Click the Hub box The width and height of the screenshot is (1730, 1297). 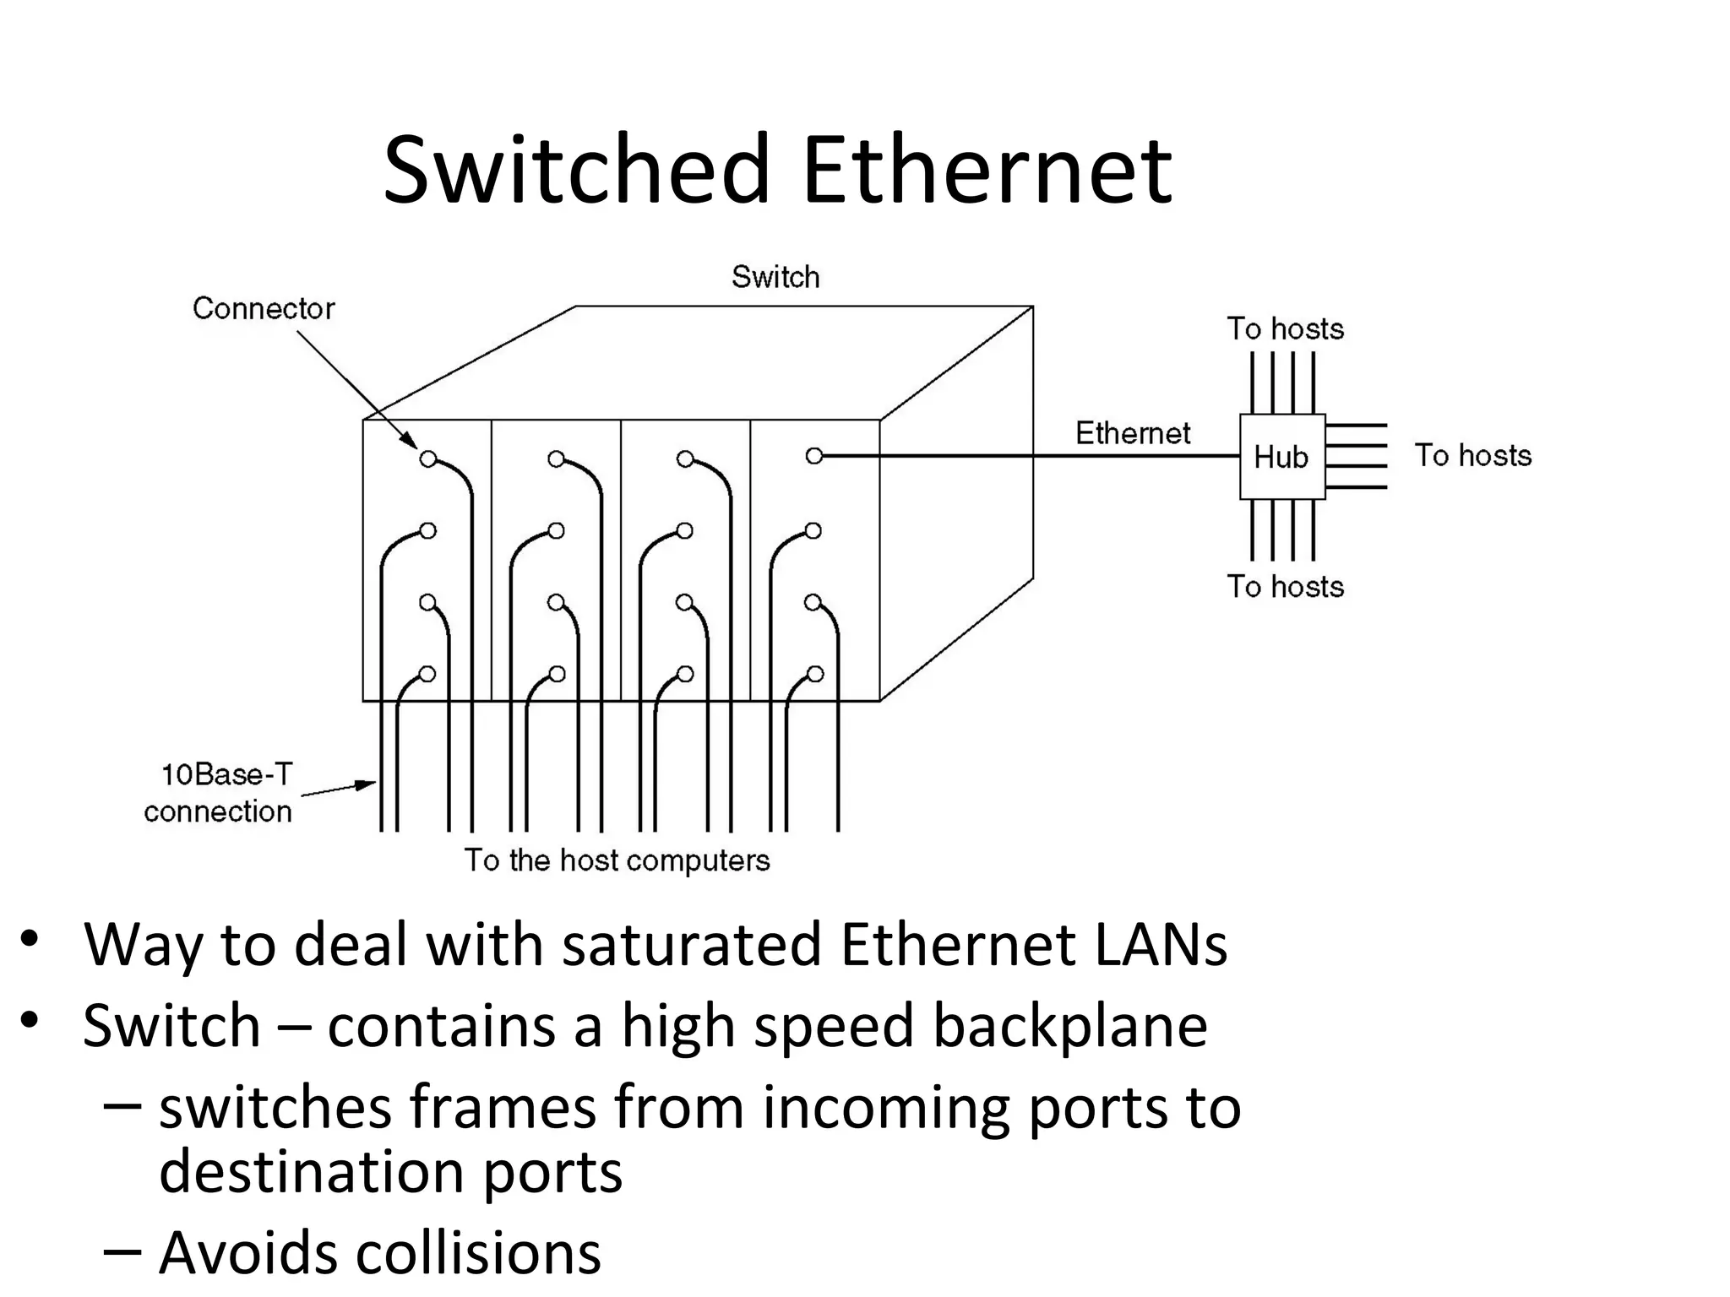[1281, 457]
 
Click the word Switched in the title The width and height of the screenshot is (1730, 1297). [577, 171]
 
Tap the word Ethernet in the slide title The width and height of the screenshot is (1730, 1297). [987, 171]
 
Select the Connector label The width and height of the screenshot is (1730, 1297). [264, 308]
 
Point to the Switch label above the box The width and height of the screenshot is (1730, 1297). [775, 277]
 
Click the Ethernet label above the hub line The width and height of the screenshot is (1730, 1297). [1132, 433]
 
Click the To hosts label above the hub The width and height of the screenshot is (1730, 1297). [1285, 328]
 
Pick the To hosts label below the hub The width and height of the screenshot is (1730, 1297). [1285, 586]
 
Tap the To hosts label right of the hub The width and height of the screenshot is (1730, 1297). [1472, 455]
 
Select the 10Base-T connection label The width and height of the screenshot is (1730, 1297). [221, 793]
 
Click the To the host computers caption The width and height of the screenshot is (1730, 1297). [617, 860]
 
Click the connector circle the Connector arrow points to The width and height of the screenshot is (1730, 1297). [428, 459]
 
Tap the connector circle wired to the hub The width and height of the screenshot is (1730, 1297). [813, 456]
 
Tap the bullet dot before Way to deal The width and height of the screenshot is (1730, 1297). [30, 939]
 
